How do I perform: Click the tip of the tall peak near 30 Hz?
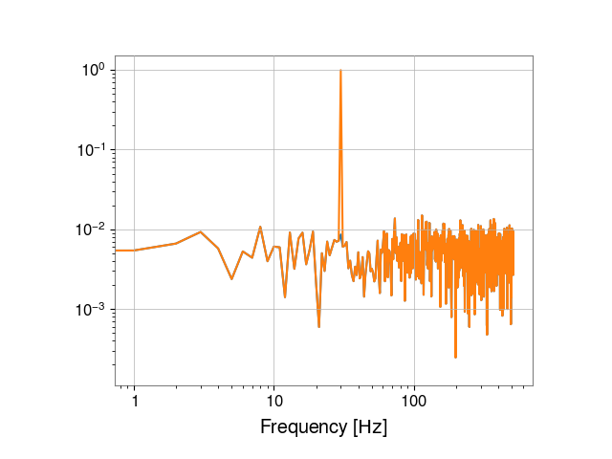[x=340, y=70]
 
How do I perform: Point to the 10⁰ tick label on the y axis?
[x=94, y=70]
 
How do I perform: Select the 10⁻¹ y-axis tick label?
[x=91, y=150]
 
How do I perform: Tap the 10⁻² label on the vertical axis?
[x=91, y=229]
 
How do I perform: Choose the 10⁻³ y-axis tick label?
[x=91, y=310]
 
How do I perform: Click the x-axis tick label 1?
[x=135, y=401]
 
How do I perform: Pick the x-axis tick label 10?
[x=274, y=401]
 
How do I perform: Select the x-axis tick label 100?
[x=414, y=401]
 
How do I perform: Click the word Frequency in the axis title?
[x=303, y=427]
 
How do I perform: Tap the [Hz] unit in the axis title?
[x=370, y=427]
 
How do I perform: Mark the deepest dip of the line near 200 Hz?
[x=455, y=357]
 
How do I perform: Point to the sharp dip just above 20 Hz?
[x=318, y=326]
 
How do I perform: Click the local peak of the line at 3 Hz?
[x=201, y=231]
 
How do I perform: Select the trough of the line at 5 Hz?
[x=231, y=279]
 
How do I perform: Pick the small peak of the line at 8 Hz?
[x=260, y=227]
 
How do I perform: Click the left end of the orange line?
[x=116, y=251]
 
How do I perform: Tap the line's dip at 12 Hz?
[x=285, y=296]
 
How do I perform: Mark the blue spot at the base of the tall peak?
[x=340, y=236]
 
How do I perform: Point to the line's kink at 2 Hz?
[x=176, y=243]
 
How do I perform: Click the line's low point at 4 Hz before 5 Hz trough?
[x=218, y=249]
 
